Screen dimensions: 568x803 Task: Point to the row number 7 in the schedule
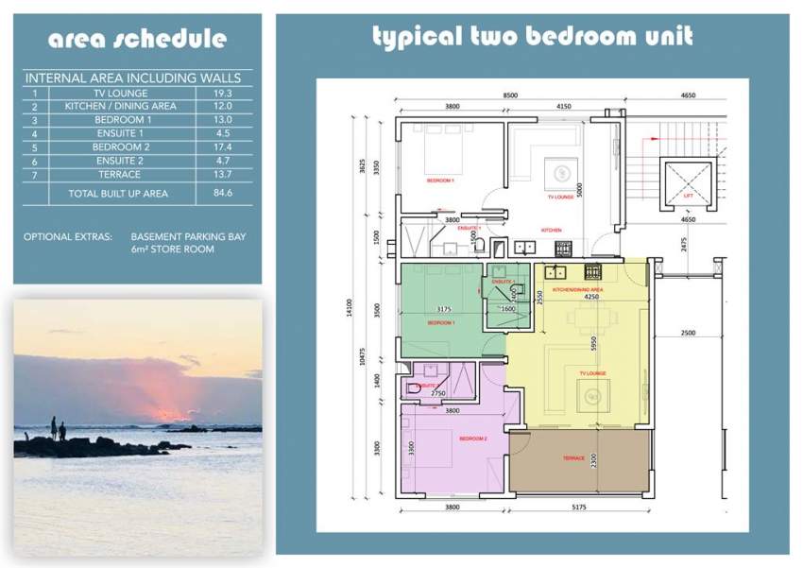(x=34, y=175)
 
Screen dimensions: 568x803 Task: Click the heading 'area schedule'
(x=137, y=39)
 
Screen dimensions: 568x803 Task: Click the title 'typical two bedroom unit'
(x=532, y=37)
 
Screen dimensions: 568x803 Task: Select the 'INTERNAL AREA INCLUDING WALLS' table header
(x=133, y=78)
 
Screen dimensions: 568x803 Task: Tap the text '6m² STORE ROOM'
(x=172, y=250)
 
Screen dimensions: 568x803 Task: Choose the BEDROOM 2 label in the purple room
(x=472, y=439)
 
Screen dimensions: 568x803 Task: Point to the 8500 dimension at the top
(x=510, y=95)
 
